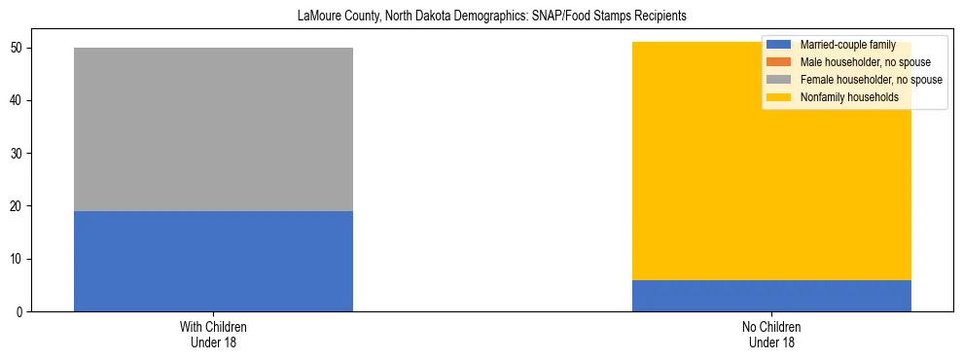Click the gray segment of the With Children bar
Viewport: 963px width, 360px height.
pyautogui.click(x=213, y=129)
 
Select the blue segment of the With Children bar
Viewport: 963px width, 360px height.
pyautogui.click(x=213, y=261)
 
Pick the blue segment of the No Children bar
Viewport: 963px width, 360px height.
pyautogui.click(x=771, y=296)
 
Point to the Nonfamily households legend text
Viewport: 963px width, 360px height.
pyautogui.click(x=842, y=97)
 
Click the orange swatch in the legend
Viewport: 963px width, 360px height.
pyautogui.click(x=779, y=62)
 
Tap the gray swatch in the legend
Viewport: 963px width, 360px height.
pyautogui.click(x=779, y=80)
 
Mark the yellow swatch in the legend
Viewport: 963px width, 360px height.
pyautogui.click(x=779, y=97)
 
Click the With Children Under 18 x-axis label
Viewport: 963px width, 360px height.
pyautogui.click(x=213, y=334)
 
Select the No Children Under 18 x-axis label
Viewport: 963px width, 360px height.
pyautogui.click(x=771, y=334)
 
